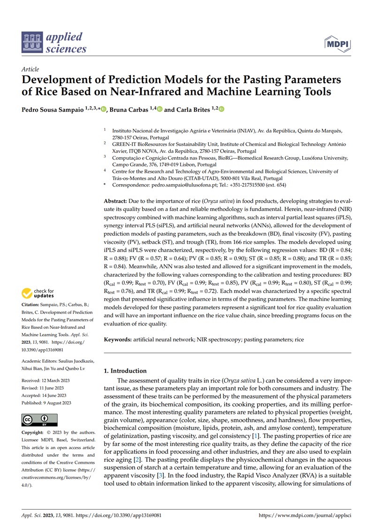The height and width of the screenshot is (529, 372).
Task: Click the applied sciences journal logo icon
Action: [x=31, y=42]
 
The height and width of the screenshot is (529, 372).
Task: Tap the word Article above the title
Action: [x=30, y=69]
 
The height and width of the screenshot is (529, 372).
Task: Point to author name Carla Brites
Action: [x=193, y=109]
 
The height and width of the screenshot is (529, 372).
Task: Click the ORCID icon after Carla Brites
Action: [x=221, y=109]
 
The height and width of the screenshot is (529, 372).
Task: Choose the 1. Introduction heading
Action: [x=125, y=371]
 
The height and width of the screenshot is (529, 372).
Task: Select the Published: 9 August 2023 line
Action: [x=46, y=403]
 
